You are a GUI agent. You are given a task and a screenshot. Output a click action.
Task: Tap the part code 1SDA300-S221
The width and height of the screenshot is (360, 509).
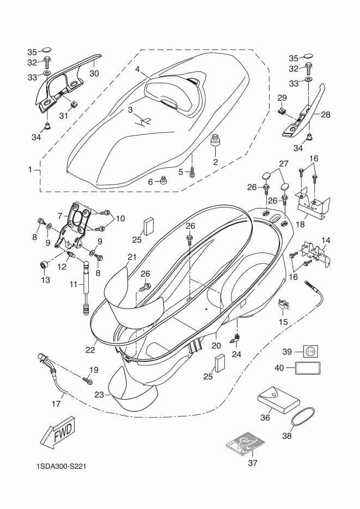coord(61,467)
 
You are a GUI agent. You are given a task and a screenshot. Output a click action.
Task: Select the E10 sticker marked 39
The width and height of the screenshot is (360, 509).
coord(310,351)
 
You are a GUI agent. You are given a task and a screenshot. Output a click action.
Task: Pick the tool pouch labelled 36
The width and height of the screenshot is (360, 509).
coord(278,400)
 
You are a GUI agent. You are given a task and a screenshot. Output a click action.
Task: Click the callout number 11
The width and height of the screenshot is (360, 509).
coord(74,284)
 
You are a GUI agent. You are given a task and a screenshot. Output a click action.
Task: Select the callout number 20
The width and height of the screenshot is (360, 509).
coord(216,345)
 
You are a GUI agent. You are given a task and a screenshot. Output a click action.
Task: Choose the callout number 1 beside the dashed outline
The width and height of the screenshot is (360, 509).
coord(30,170)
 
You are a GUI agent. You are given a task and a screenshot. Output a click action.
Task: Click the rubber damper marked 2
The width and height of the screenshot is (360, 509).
coord(215,140)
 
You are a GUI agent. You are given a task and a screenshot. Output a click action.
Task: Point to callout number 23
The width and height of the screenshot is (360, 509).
coord(99,395)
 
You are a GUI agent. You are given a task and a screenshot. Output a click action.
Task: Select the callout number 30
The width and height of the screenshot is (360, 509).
coord(94,73)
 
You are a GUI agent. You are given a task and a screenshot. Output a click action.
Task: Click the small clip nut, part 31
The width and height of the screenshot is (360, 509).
coord(74,105)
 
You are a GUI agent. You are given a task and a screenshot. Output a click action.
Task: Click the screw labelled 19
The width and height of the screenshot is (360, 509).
coord(87,379)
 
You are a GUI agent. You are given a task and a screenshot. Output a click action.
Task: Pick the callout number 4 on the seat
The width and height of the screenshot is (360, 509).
coord(137,69)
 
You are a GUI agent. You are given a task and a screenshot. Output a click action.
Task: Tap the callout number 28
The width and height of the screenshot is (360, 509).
coord(326,114)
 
